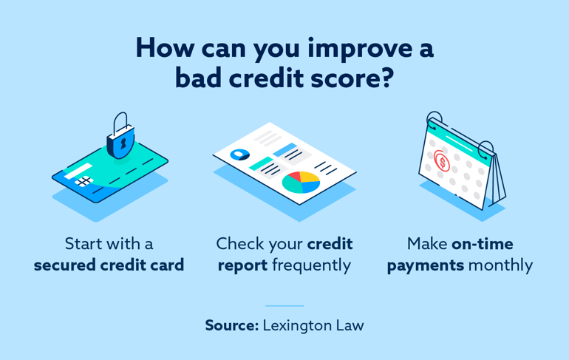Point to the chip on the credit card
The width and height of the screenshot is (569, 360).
click(x=83, y=182)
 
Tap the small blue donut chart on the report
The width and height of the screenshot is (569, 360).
click(x=239, y=154)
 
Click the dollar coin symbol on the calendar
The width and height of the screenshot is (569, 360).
click(x=442, y=160)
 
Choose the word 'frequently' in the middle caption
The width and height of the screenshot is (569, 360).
click(x=311, y=265)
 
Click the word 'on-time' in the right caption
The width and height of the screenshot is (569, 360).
click(x=483, y=243)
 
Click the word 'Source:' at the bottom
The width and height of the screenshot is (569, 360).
click(x=231, y=325)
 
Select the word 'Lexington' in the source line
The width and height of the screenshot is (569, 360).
click(x=297, y=325)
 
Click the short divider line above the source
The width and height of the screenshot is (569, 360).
click(x=284, y=305)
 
